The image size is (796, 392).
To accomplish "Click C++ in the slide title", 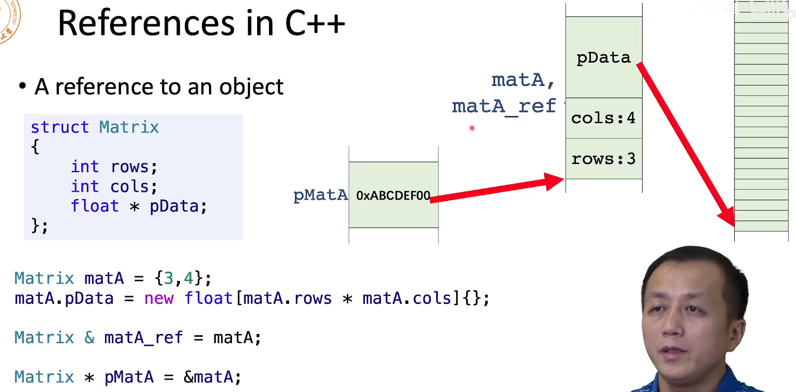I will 315,23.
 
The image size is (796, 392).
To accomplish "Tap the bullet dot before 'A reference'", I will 22,86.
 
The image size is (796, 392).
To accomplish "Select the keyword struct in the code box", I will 60,127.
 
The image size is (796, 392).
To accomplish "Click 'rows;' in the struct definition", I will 134,167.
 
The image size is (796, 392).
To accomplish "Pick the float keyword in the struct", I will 95,206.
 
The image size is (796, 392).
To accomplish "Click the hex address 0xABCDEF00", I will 393,196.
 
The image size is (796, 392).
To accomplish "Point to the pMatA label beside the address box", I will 321,195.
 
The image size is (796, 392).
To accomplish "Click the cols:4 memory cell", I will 603,118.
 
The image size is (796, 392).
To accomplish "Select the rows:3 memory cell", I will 603,159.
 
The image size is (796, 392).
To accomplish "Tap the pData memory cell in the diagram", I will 603,58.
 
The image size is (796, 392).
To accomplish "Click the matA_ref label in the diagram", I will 504,106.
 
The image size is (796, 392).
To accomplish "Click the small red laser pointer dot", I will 472,128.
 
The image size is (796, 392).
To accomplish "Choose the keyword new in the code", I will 159,298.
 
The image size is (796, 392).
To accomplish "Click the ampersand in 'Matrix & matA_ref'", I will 90,338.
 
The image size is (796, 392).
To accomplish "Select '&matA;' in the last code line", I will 212,377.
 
